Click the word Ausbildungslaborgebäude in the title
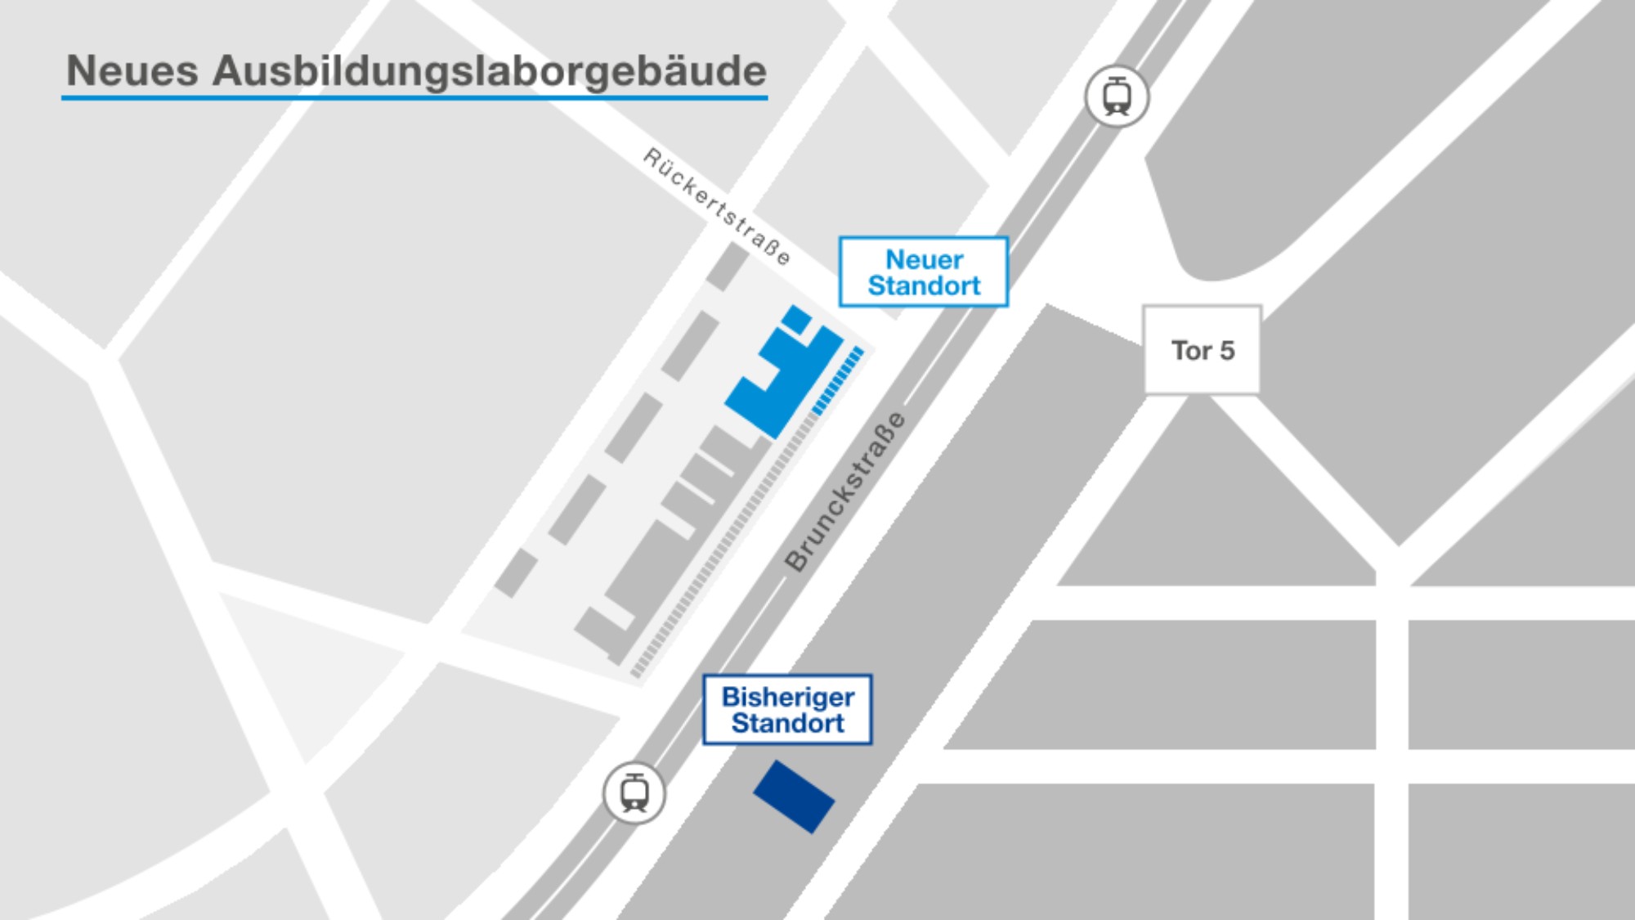click(490, 70)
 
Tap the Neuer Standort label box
click(924, 272)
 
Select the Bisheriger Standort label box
click(788, 710)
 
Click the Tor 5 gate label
click(1202, 350)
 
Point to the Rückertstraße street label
click(717, 206)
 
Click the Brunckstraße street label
click(845, 491)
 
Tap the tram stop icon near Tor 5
click(1117, 96)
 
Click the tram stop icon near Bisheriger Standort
click(634, 793)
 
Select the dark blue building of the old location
click(794, 797)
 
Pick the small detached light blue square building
click(797, 318)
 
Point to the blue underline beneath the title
click(414, 97)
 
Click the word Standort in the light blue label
click(924, 286)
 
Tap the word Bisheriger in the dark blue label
click(788, 697)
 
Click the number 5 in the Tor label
click(1226, 350)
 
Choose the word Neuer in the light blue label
click(924, 259)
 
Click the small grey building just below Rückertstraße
click(727, 266)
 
